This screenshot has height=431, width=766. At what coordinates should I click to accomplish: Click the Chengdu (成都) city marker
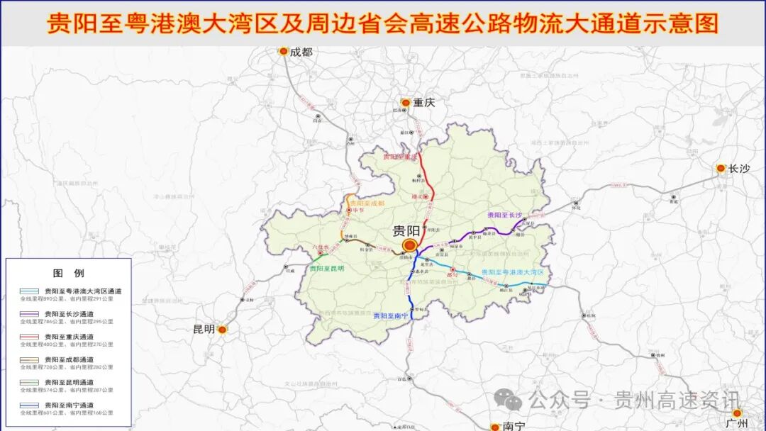click(x=284, y=51)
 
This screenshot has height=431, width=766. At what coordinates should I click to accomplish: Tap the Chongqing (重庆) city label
click(x=424, y=103)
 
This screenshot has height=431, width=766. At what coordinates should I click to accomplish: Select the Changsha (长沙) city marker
click(x=721, y=169)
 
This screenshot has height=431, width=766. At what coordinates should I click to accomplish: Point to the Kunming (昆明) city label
click(x=204, y=330)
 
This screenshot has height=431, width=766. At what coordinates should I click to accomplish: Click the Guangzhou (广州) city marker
click(x=737, y=413)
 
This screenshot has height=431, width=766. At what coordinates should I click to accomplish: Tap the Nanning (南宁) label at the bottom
click(x=513, y=426)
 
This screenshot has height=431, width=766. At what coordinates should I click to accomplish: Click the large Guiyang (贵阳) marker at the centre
click(x=409, y=245)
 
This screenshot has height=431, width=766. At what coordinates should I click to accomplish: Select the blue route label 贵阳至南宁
click(x=395, y=316)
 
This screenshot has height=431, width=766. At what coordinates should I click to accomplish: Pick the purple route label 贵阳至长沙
click(x=504, y=215)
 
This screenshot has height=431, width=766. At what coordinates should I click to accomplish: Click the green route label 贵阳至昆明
click(x=326, y=269)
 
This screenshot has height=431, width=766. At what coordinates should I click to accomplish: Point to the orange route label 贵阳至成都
click(x=367, y=203)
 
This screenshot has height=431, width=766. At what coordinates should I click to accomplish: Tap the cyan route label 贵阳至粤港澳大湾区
click(x=511, y=272)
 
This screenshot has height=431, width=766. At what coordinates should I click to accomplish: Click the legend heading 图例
click(x=69, y=273)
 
